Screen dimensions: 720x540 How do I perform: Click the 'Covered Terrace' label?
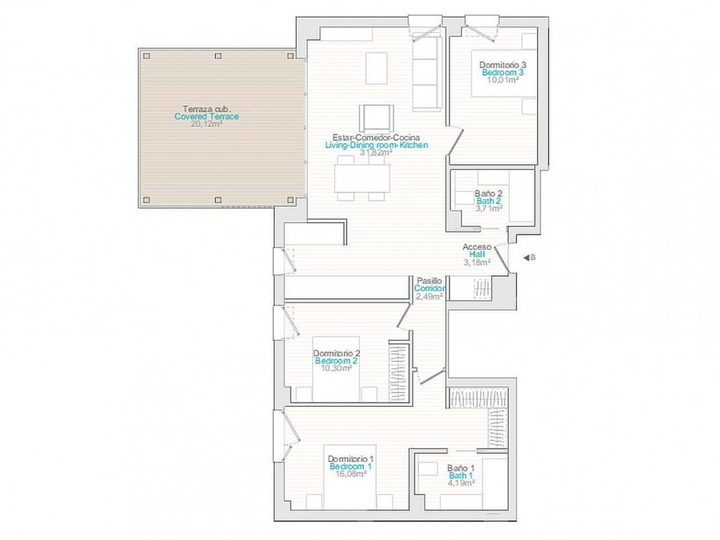pyautogui.click(x=206, y=116)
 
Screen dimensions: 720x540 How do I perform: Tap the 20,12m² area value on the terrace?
pyautogui.click(x=206, y=124)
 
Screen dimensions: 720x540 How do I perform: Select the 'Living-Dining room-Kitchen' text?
pyautogui.click(x=376, y=145)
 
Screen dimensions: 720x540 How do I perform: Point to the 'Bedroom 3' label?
pyautogui.click(x=502, y=73)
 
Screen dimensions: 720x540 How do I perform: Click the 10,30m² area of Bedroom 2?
pyautogui.click(x=336, y=368)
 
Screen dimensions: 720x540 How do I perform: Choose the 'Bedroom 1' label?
pyautogui.click(x=350, y=466)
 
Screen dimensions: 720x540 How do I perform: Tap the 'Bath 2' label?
pyautogui.click(x=488, y=201)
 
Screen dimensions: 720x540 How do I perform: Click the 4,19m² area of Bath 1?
pyautogui.click(x=461, y=483)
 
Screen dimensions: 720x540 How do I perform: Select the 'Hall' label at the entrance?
pyautogui.click(x=477, y=254)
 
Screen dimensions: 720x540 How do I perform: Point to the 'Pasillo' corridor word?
pyautogui.click(x=429, y=281)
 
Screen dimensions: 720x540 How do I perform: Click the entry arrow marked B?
pyautogui.click(x=526, y=258)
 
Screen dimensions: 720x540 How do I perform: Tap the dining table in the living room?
pyautogui.click(x=362, y=178)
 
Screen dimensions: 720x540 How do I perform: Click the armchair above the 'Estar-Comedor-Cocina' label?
pyautogui.click(x=376, y=118)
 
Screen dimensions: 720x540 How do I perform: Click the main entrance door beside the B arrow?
pyautogui.click(x=502, y=260)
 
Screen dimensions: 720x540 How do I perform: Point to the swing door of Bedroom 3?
pyautogui.click(x=456, y=141)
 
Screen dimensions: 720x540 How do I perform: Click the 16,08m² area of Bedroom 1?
pyautogui.click(x=350, y=474)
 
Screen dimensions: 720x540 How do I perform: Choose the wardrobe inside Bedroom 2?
pyautogui.click(x=399, y=371)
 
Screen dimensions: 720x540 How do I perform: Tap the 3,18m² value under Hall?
pyautogui.click(x=477, y=262)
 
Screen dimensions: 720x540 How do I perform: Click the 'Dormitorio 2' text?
pyautogui.click(x=336, y=353)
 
